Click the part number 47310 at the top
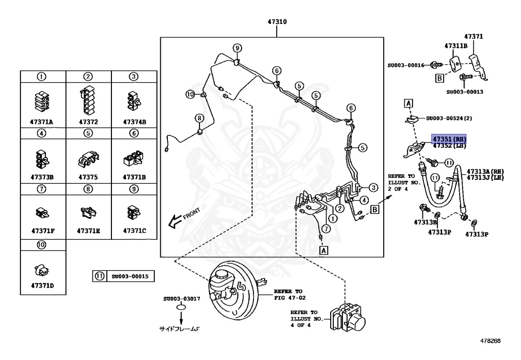tap(277, 22)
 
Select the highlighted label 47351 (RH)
tap(449, 139)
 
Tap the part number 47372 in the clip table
tap(89, 122)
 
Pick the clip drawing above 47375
tap(89, 159)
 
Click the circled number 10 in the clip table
tap(41, 245)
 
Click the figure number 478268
tap(490, 341)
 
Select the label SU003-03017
tap(182, 298)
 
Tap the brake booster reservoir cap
tap(220, 274)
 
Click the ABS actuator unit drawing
tap(348, 317)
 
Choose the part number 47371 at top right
tap(474, 37)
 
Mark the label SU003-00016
tap(406, 66)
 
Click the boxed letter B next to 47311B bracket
tap(440, 78)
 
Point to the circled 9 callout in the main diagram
tap(237, 48)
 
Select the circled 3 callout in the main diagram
tap(373, 187)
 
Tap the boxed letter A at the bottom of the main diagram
tap(324, 251)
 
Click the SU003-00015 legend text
tap(130, 276)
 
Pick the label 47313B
tap(425, 222)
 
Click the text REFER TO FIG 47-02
tap(290, 294)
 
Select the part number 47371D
tap(43, 286)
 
